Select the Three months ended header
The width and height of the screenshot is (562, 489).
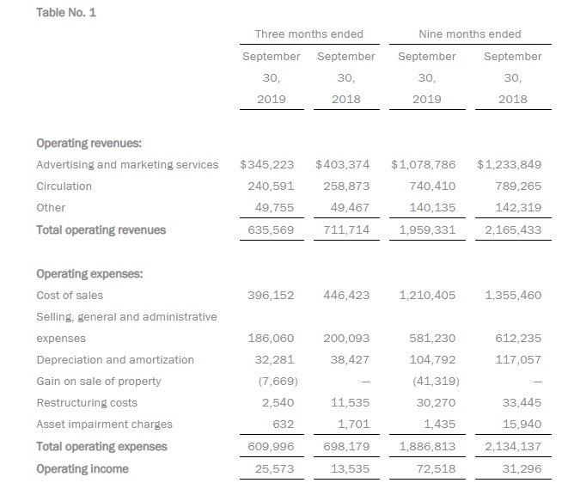[x=308, y=34]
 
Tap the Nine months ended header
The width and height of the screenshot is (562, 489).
[x=469, y=34]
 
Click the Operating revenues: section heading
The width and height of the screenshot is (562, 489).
[x=89, y=144]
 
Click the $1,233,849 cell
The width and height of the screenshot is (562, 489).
[x=509, y=164]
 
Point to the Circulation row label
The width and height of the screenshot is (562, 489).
[x=64, y=186]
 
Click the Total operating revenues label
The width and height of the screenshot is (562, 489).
[x=101, y=230]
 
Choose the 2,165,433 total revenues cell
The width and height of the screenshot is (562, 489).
[x=513, y=230]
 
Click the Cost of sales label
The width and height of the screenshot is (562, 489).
[x=70, y=296]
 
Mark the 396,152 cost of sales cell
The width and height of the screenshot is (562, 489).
[x=272, y=296]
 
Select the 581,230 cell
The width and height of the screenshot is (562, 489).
[x=433, y=339]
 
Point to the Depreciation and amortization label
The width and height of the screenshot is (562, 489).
[x=115, y=360]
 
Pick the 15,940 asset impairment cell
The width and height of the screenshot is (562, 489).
[x=523, y=425]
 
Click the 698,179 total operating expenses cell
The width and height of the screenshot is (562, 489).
[x=346, y=447]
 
